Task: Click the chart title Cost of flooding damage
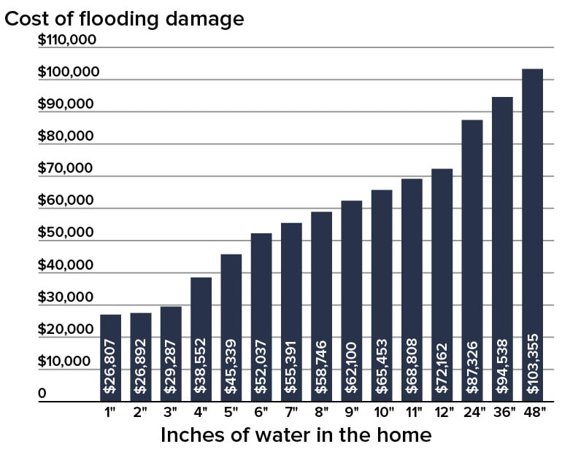(124, 19)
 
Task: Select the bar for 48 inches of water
(532, 233)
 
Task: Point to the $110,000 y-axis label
(67, 39)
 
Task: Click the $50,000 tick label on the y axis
(66, 233)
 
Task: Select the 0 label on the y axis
(42, 394)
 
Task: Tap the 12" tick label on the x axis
(442, 412)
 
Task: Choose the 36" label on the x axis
(502, 412)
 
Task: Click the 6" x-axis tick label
(261, 412)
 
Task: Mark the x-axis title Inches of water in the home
(296, 435)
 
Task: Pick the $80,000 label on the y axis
(66, 136)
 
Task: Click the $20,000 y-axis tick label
(66, 330)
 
